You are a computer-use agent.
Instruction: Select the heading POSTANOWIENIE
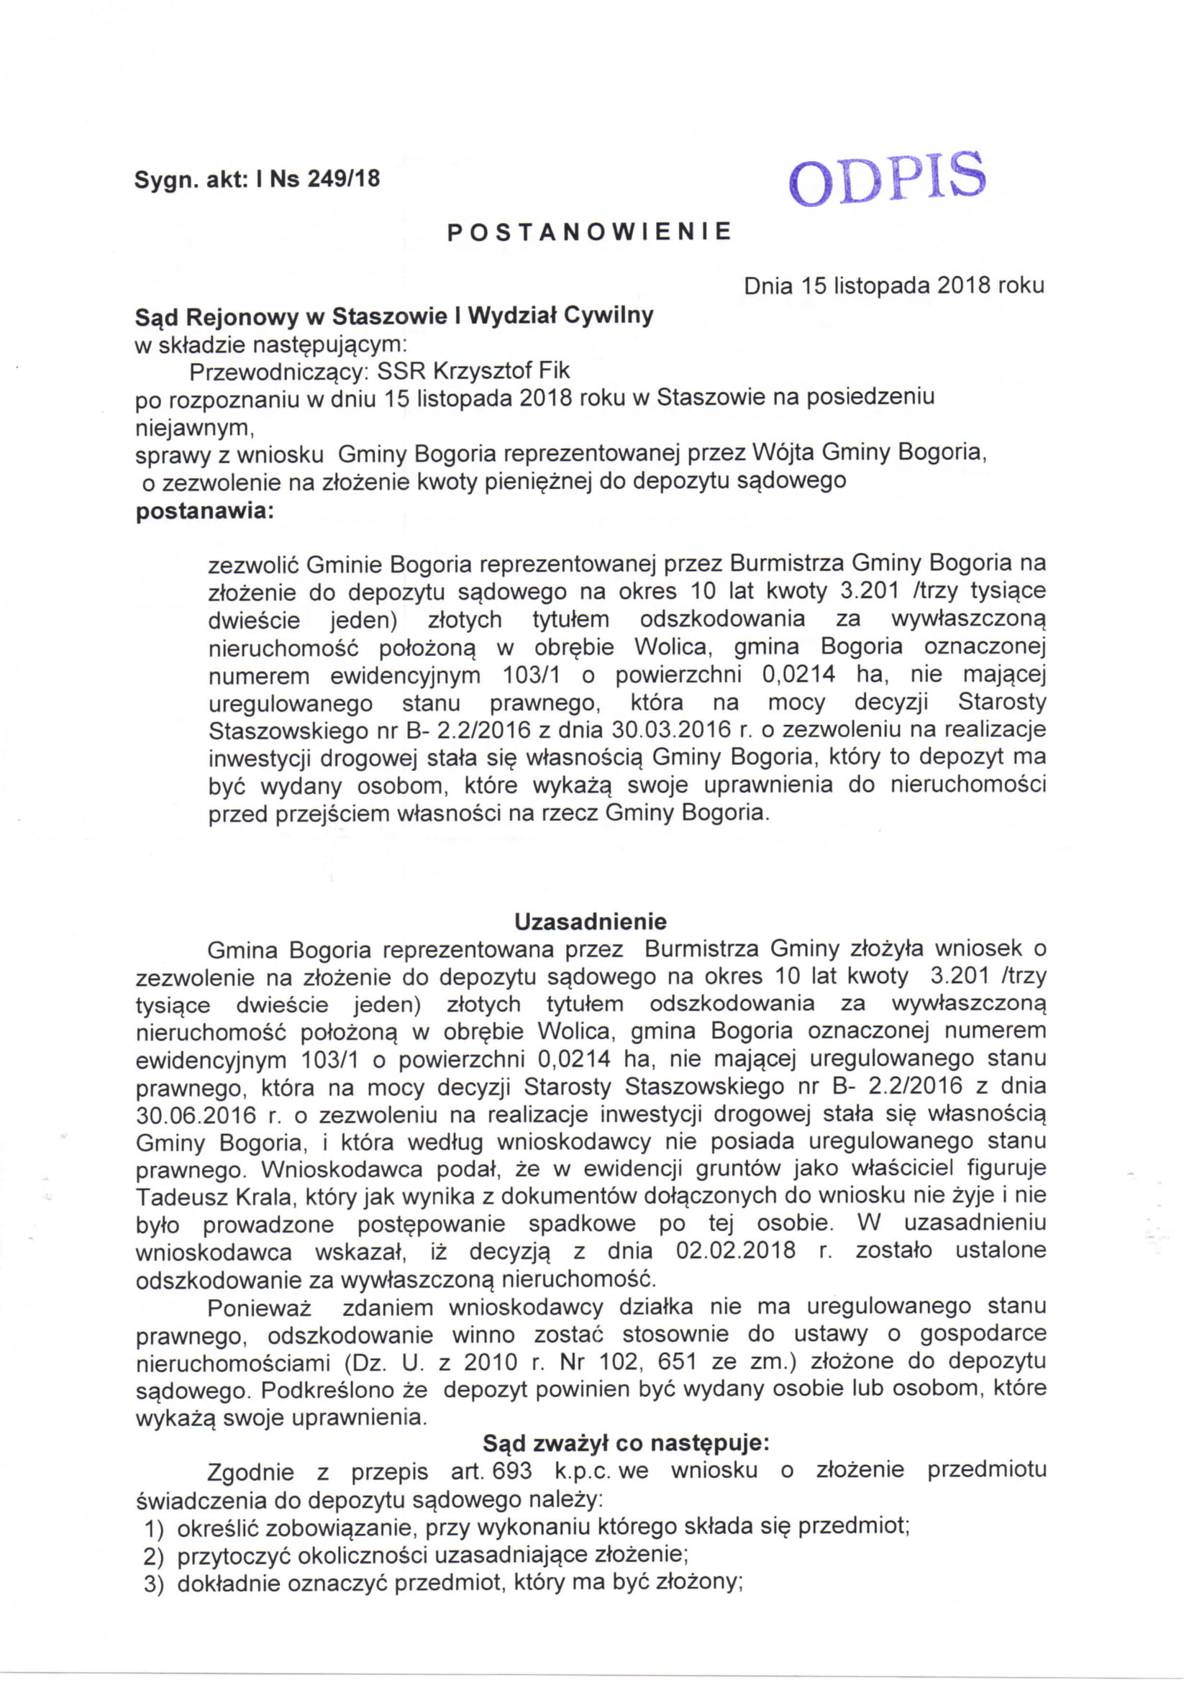tap(590, 232)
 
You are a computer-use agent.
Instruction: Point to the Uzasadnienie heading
tap(591, 921)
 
